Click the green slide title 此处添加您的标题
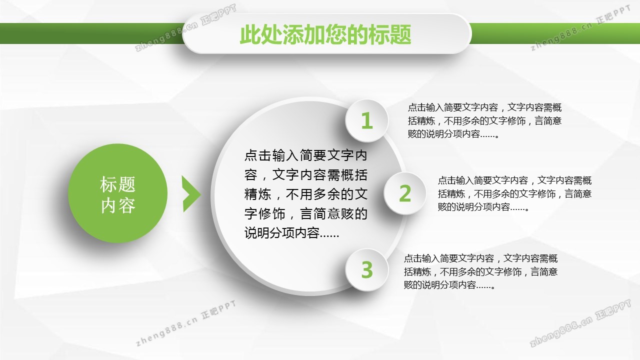(325, 34)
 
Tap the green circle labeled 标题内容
(117, 193)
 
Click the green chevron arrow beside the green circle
(191, 194)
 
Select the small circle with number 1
(367, 120)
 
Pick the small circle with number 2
(405, 193)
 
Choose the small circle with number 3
(367, 269)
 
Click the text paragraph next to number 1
(484, 120)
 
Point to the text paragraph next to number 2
(514, 193)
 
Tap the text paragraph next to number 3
(480, 271)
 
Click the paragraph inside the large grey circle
(305, 194)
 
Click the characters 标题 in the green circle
(117, 184)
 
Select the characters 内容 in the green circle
(117, 205)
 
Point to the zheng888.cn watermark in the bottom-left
(186, 323)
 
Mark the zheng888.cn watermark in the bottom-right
(580, 323)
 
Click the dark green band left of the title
(91, 33)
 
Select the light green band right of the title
(555, 33)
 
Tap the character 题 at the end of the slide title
(401, 34)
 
